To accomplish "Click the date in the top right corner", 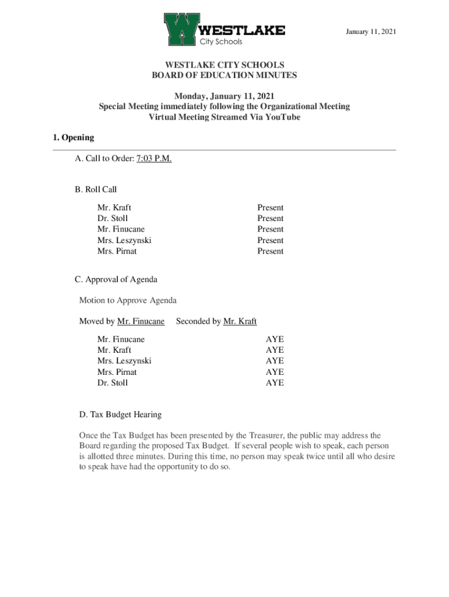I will coord(371,31).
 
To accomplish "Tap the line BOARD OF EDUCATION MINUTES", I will coord(224,75).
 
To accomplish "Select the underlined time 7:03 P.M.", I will coord(153,159).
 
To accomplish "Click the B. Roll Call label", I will coord(96,189).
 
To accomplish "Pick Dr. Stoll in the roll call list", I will coord(113,219).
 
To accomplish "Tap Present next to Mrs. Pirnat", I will coord(271,251).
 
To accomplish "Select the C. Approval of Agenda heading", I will coord(115,279).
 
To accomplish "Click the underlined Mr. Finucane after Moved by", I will coord(141,321).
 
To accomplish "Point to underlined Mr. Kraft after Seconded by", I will coord(240,321).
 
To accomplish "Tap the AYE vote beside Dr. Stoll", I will coord(275,383).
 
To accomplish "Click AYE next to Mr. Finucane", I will coord(275,339).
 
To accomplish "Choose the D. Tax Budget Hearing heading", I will coord(120,415).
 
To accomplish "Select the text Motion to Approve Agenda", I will coord(128,300).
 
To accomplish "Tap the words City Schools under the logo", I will coord(221,42).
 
